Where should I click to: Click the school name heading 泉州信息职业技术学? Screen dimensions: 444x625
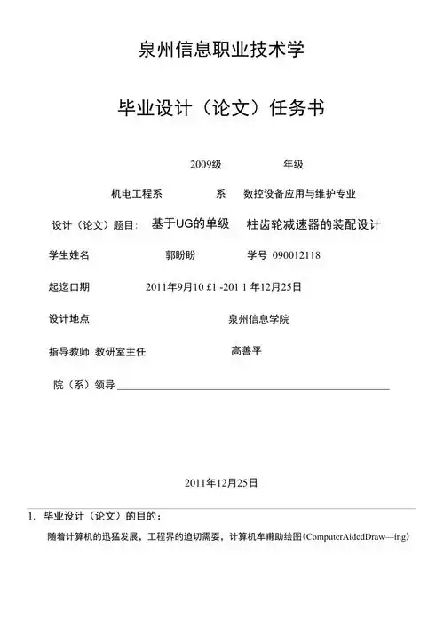click(x=222, y=50)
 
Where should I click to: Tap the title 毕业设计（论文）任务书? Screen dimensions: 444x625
click(x=222, y=109)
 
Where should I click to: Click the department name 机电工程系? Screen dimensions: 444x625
click(x=136, y=193)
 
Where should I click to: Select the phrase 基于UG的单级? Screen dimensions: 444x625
click(x=191, y=223)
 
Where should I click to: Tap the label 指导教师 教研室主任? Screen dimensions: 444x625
click(x=97, y=352)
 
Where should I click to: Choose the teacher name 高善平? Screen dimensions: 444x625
click(x=246, y=350)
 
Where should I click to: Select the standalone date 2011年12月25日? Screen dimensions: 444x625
click(x=221, y=484)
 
